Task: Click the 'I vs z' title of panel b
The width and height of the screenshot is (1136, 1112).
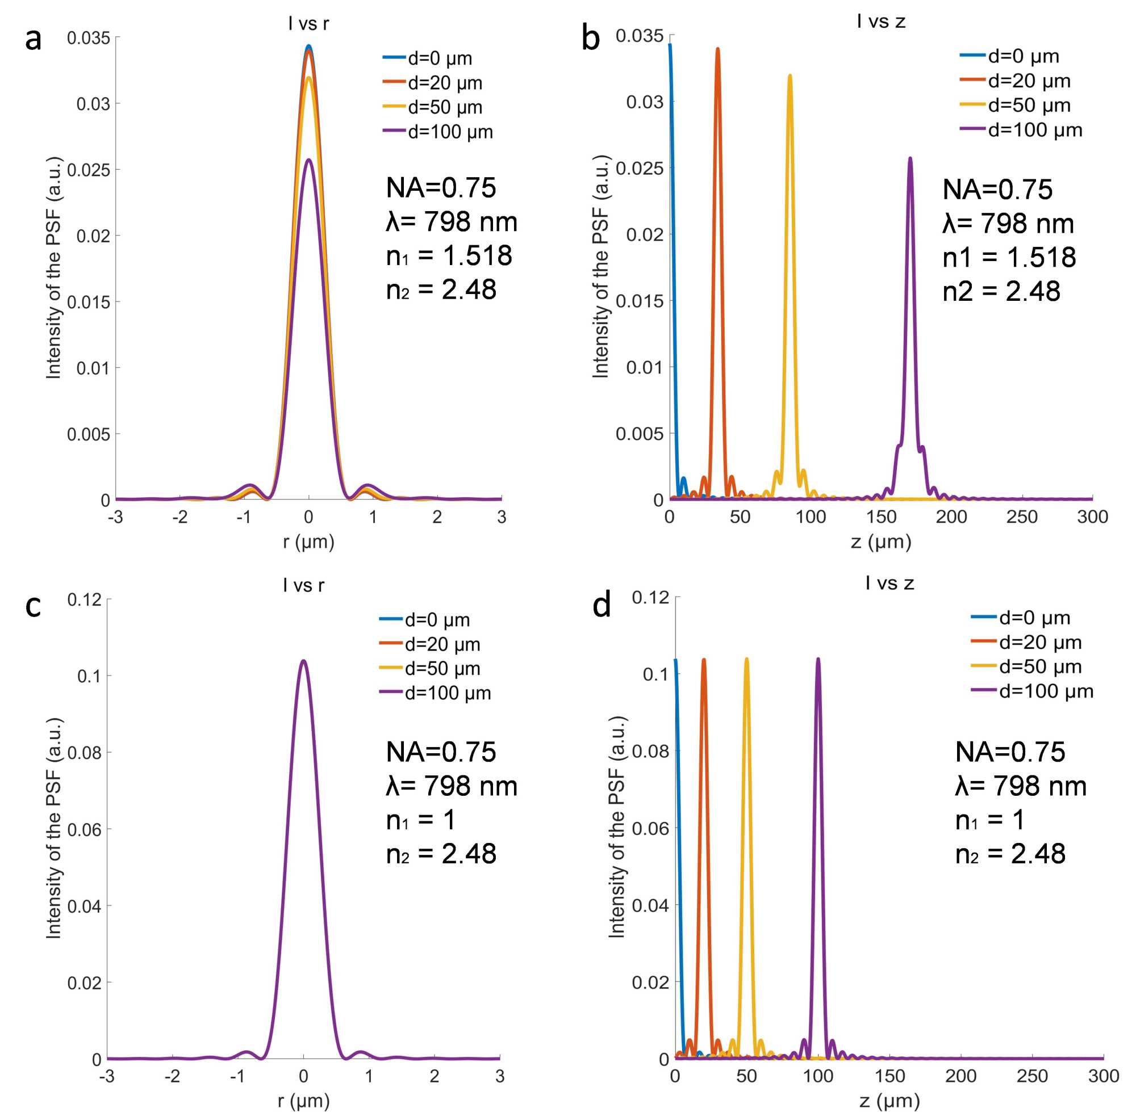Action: click(880, 22)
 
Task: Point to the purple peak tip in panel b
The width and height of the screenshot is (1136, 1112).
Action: click(910, 158)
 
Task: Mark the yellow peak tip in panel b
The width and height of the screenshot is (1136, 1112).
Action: click(790, 75)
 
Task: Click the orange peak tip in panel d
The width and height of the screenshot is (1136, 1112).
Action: click(704, 660)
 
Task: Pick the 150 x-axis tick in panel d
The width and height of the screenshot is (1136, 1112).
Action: click(889, 1076)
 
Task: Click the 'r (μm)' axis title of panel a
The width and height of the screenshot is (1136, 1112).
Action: click(308, 542)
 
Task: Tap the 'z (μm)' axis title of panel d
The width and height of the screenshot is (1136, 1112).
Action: click(889, 1100)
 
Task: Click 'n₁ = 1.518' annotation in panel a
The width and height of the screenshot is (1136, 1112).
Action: click(449, 256)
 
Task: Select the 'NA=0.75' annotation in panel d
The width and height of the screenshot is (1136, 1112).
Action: click(1010, 752)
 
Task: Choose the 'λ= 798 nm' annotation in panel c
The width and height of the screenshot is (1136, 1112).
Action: click(452, 786)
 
